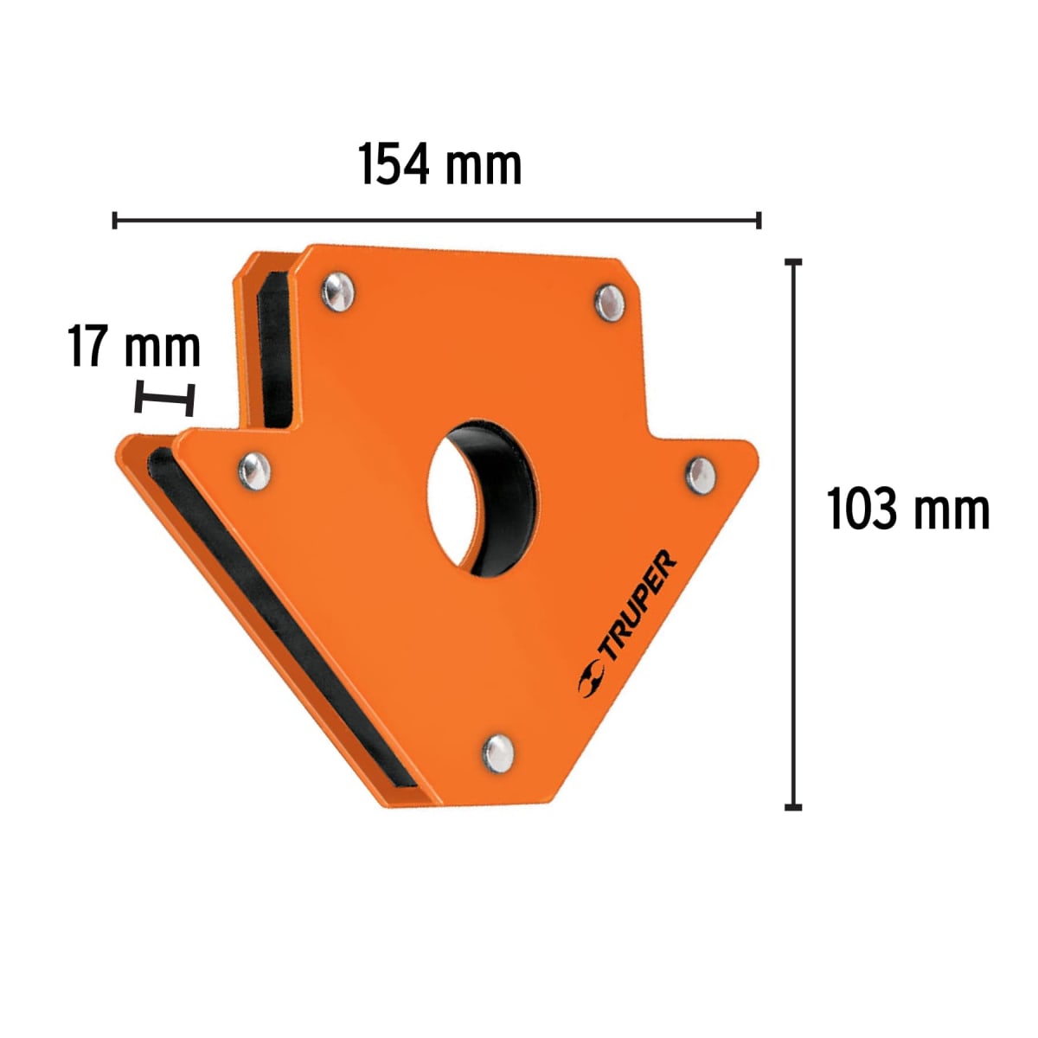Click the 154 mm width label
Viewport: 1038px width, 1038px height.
(x=440, y=165)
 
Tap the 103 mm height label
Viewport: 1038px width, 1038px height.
(x=907, y=509)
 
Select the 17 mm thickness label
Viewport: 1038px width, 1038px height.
(x=134, y=348)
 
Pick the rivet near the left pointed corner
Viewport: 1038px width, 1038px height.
(x=254, y=470)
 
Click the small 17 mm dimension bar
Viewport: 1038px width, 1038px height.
(x=164, y=400)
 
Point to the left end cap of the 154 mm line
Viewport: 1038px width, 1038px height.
(x=115, y=220)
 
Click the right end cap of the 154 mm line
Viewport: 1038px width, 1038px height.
(x=759, y=220)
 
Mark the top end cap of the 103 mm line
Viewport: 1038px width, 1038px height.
(x=792, y=260)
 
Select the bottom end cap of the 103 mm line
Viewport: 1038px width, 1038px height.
(x=792, y=806)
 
